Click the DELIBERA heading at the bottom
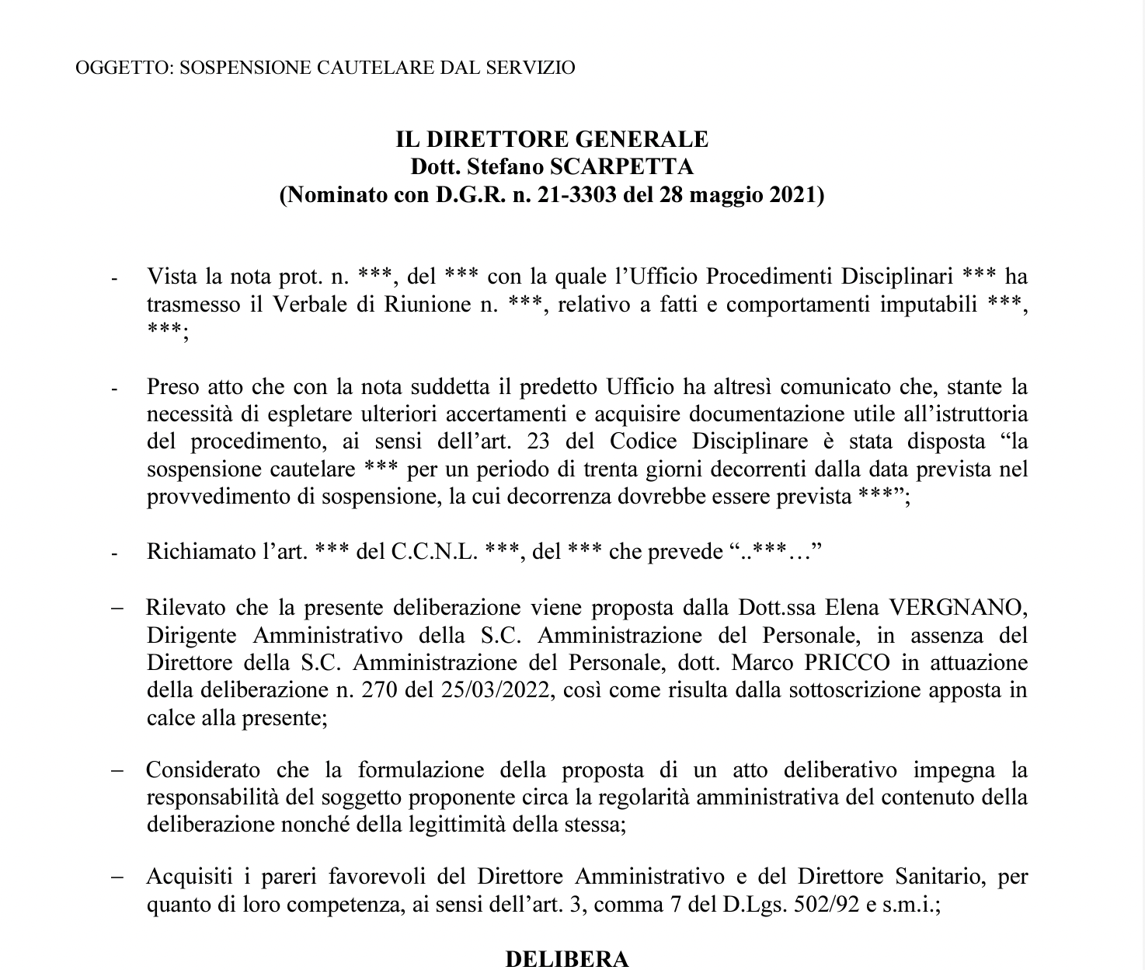click(x=567, y=959)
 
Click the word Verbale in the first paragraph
click(x=308, y=304)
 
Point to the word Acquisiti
click(x=189, y=878)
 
